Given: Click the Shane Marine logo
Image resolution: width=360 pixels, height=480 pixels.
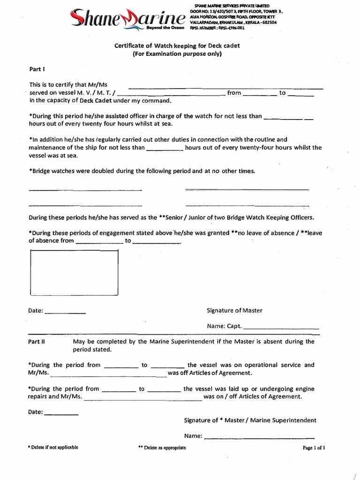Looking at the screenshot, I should [127, 18].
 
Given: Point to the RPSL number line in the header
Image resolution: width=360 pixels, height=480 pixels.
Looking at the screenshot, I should [217, 28].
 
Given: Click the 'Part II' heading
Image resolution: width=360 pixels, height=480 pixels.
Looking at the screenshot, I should [37, 342].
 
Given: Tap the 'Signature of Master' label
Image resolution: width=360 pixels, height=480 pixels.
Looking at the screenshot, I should [234, 310].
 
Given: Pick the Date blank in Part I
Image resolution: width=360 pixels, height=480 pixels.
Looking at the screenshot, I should [65, 312].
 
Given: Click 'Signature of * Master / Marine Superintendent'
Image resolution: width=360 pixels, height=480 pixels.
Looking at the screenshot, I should [250, 420].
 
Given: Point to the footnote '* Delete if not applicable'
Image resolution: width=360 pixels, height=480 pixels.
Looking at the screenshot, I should [53, 447].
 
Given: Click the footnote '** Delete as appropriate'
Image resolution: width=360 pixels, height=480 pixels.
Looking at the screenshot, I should [162, 448].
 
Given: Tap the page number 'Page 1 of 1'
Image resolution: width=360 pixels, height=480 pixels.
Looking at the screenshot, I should [314, 448].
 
